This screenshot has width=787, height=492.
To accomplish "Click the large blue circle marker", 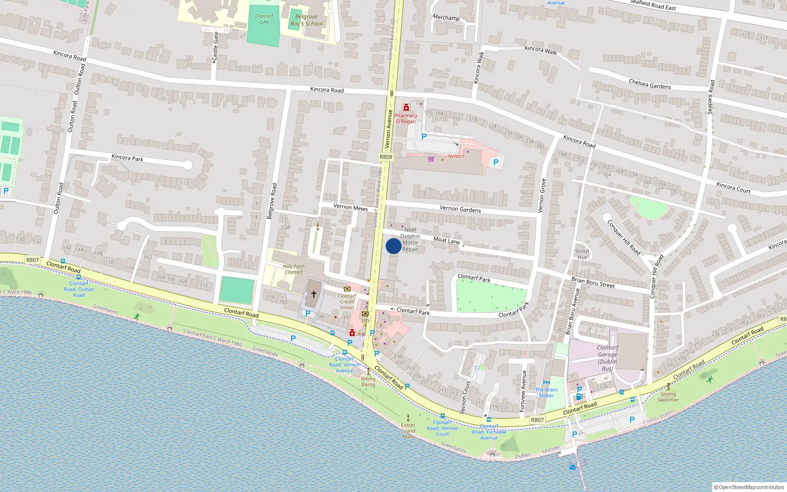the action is (393, 246).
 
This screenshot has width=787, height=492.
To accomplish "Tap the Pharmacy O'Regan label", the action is (406, 119).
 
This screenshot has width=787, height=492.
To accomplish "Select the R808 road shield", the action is (386, 157).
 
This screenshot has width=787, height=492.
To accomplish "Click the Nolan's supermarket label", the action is (455, 156).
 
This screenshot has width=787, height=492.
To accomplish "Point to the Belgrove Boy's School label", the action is (306, 20).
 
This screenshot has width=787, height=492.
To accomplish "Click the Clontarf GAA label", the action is (264, 19).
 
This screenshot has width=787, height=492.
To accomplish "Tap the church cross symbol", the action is (314, 294).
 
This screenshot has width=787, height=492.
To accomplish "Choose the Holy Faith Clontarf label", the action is (294, 269).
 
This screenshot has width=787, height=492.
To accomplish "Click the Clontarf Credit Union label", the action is (347, 302).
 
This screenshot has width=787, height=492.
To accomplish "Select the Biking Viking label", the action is (368, 381).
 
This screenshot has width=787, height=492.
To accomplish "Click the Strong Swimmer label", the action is (668, 397).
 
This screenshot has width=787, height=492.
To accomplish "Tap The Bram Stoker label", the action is (546, 392).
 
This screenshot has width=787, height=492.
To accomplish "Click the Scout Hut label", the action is (582, 254).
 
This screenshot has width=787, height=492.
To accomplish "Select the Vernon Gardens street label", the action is (460, 209).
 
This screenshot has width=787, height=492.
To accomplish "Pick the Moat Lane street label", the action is (447, 241).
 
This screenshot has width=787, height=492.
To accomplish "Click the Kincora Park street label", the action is (127, 158).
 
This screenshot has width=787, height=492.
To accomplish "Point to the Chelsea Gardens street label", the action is (650, 84).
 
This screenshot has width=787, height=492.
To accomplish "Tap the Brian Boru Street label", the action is (593, 282).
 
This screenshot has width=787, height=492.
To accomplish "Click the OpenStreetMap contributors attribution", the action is (749, 487).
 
